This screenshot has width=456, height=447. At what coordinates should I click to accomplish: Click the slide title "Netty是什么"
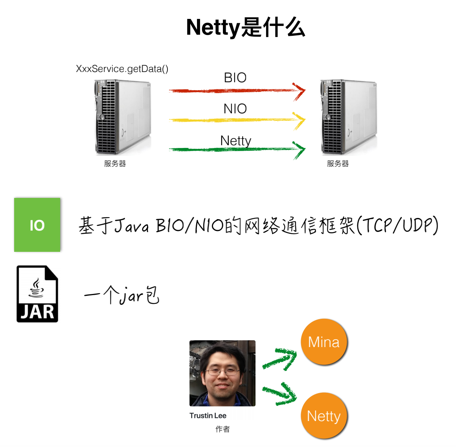[245, 28]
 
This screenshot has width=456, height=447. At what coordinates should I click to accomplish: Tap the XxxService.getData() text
[122, 69]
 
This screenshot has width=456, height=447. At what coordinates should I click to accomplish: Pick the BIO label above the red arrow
[235, 78]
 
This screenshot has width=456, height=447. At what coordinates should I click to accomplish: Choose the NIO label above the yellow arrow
[235, 109]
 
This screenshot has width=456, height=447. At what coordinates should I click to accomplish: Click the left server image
[123, 117]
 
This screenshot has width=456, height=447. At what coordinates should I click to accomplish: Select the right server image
[349, 117]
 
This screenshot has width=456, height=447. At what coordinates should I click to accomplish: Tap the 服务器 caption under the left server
[115, 164]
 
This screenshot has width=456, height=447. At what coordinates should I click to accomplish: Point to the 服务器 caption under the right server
[338, 164]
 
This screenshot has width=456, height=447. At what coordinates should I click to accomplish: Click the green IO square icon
[37, 225]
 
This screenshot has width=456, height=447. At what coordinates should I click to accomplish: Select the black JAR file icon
[37, 294]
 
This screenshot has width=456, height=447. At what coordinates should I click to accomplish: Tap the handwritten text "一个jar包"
[122, 295]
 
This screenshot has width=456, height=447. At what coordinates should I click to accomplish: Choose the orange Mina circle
[324, 342]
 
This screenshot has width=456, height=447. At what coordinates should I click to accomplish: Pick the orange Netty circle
[324, 416]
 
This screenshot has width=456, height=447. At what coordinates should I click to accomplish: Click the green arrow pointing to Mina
[279, 359]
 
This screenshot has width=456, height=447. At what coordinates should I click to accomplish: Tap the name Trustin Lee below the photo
[208, 416]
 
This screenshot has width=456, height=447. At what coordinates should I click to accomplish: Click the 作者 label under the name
[222, 429]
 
